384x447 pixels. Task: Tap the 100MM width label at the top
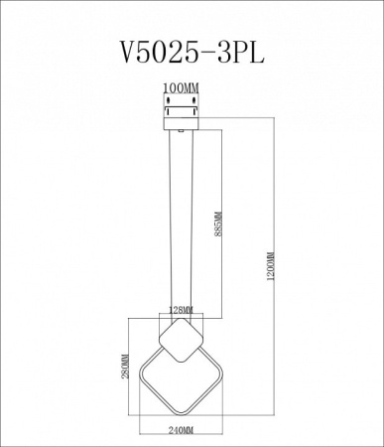click(x=181, y=88)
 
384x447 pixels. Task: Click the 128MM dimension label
click(x=181, y=310)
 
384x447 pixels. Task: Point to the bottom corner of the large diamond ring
click(x=182, y=415)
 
